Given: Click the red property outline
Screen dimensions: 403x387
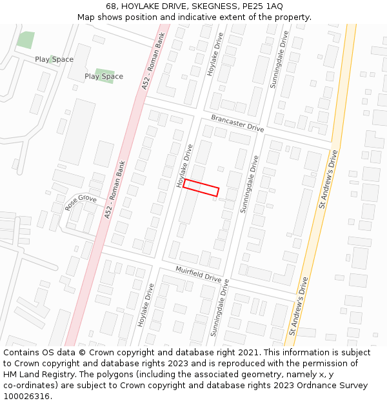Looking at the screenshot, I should (201, 188).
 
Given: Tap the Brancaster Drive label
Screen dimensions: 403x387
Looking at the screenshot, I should (237, 123).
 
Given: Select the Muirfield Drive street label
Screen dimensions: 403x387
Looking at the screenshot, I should (199, 275).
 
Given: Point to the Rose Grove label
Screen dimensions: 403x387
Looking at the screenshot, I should (81, 203).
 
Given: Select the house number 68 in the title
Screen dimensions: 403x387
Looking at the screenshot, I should (112, 6).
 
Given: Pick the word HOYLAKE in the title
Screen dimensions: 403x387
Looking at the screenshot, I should (143, 6).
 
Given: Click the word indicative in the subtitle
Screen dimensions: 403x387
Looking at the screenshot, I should (210, 17).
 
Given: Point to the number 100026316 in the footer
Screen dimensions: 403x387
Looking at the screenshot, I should (28, 397).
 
